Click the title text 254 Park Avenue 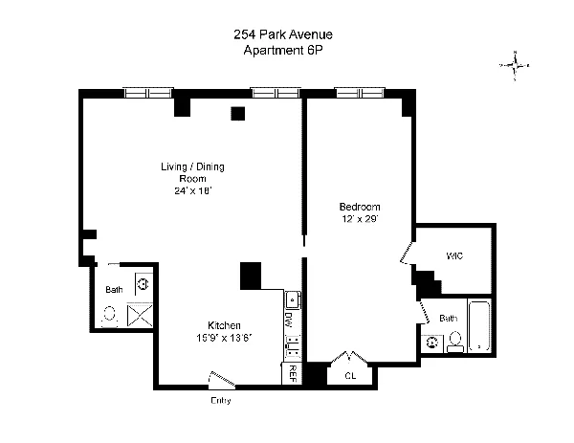pyautogui.click(x=283, y=34)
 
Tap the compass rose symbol pyautogui.click(x=515, y=66)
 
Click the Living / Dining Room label pyautogui.click(x=192, y=173)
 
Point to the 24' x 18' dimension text pyautogui.click(x=192, y=191)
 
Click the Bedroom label pyautogui.click(x=360, y=207)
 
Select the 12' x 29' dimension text pyautogui.click(x=360, y=219)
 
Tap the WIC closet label pyautogui.click(x=455, y=255)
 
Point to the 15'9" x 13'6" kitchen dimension pyautogui.click(x=224, y=338)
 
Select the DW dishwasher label pyautogui.click(x=288, y=321)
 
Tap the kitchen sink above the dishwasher pyautogui.click(x=293, y=300)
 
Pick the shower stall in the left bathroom pyautogui.click(x=140, y=315)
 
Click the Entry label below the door pyautogui.click(x=220, y=400)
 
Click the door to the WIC pyautogui.click(x=408, y=254)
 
